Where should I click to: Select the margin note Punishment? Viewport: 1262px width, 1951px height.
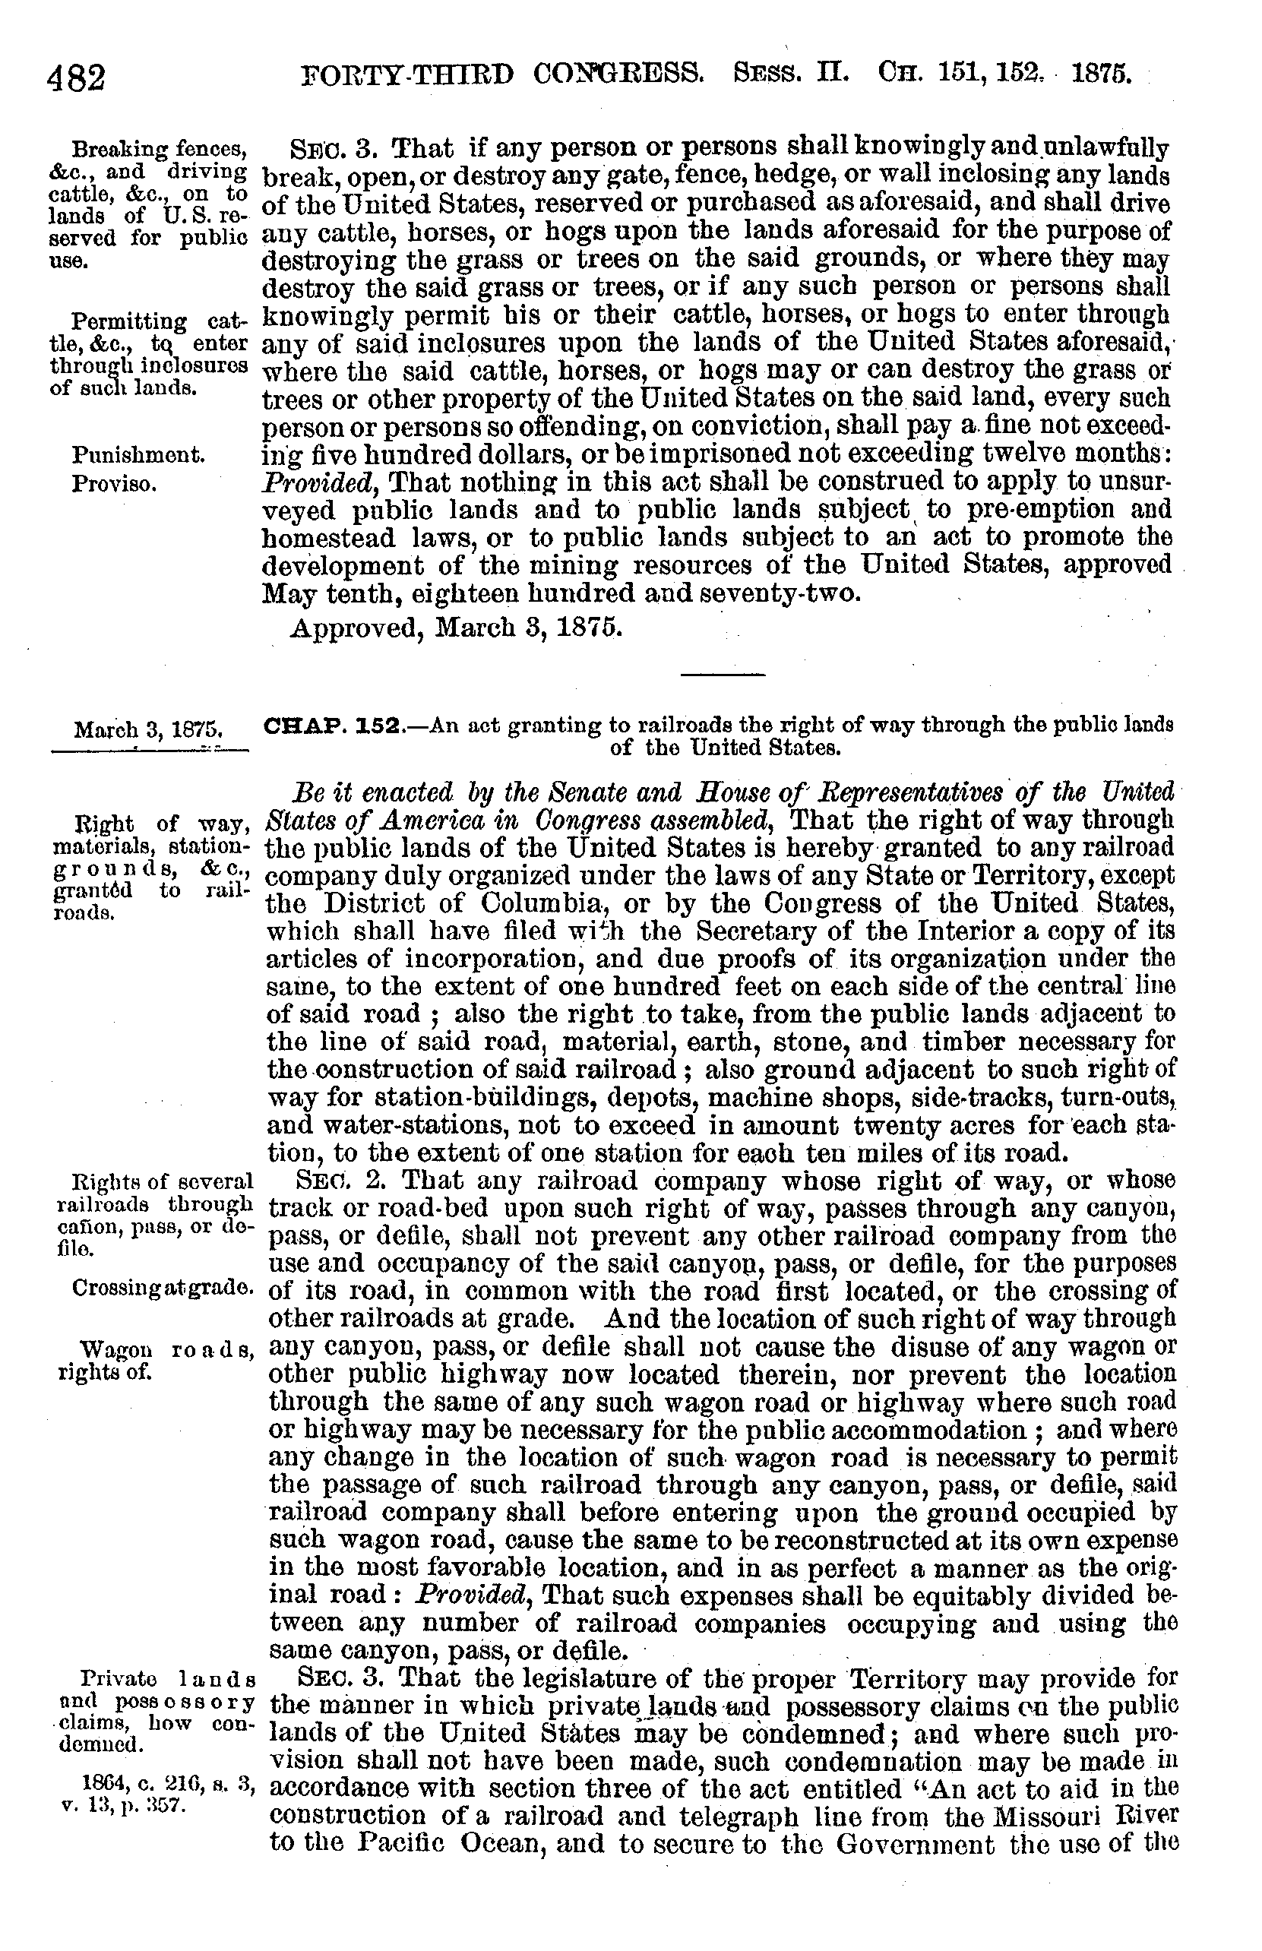coord(138,454)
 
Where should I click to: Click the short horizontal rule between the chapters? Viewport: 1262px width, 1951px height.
coord(722,675)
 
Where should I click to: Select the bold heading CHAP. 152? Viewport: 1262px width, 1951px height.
coord(332,726)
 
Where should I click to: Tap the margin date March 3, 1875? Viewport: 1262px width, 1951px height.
coord(149,729)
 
